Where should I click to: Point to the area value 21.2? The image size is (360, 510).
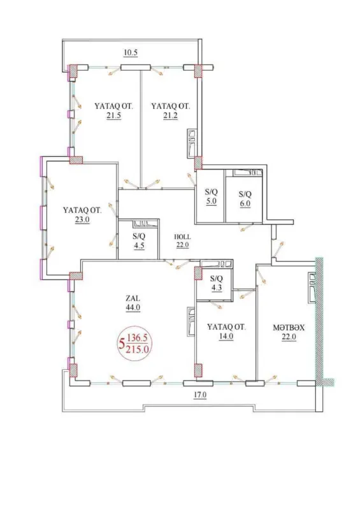point(169,116)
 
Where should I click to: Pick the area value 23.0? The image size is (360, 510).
point(82,218)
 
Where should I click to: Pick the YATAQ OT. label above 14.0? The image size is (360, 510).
point(226,327)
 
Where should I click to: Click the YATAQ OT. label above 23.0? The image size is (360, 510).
point(82,209)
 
